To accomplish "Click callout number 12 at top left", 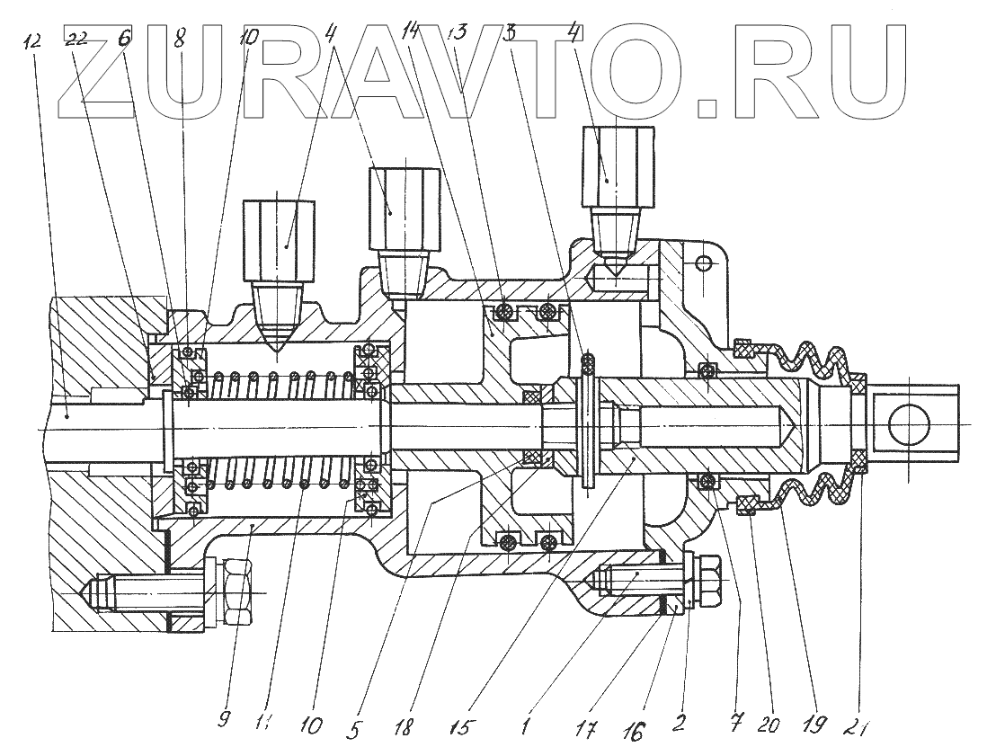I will point(35,41).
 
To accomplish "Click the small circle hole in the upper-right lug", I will point(703,262).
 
